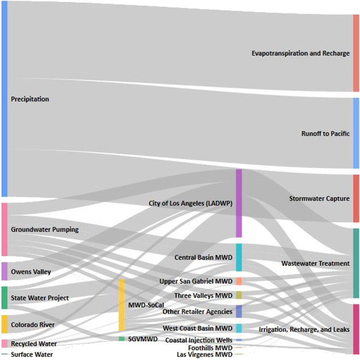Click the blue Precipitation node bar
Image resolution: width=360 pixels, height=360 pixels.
(4, 99)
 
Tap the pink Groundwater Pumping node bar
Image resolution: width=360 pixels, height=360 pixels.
(4, 230)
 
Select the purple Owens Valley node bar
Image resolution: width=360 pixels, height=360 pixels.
(4, 271)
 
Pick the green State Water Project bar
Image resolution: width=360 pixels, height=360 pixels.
(4, 297)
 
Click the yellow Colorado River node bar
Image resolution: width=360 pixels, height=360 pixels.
(4, 324)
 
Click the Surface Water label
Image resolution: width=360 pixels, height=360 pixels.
(32, 355)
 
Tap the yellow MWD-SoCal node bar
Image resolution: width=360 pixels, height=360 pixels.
(121, 305)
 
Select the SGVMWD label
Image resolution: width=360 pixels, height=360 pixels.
(142, 340)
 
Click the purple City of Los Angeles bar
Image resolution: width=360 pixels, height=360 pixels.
(239, 203)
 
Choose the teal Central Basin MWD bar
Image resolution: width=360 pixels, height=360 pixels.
(239, 258)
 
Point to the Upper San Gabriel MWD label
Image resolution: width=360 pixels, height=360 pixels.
(196, 282)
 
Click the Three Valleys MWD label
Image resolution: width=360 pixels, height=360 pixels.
(203, 296)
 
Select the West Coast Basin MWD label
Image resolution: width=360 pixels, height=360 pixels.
(198, 328)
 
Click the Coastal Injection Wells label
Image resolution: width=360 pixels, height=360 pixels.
(199, 341)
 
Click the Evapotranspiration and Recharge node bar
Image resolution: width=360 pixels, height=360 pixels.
(356, 53)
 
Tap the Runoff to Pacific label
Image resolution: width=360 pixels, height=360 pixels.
(325, 133)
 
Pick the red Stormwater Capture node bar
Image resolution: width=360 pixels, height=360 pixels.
(356, 199)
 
